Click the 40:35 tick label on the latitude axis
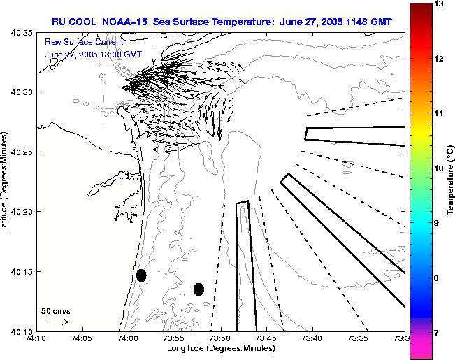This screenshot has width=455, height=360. tap(22, 33)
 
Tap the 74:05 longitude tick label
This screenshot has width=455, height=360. tap(82, 339)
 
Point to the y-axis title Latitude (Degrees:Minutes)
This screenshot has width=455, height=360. tap(6, 181)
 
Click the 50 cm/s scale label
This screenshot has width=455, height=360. tap(56, 310)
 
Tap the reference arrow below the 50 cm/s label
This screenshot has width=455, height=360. tap(57, 322)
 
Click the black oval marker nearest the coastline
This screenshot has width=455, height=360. tap(141, 275)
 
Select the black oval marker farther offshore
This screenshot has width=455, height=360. tap(198, 289)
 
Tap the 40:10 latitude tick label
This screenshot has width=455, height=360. tap(22, 331)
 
